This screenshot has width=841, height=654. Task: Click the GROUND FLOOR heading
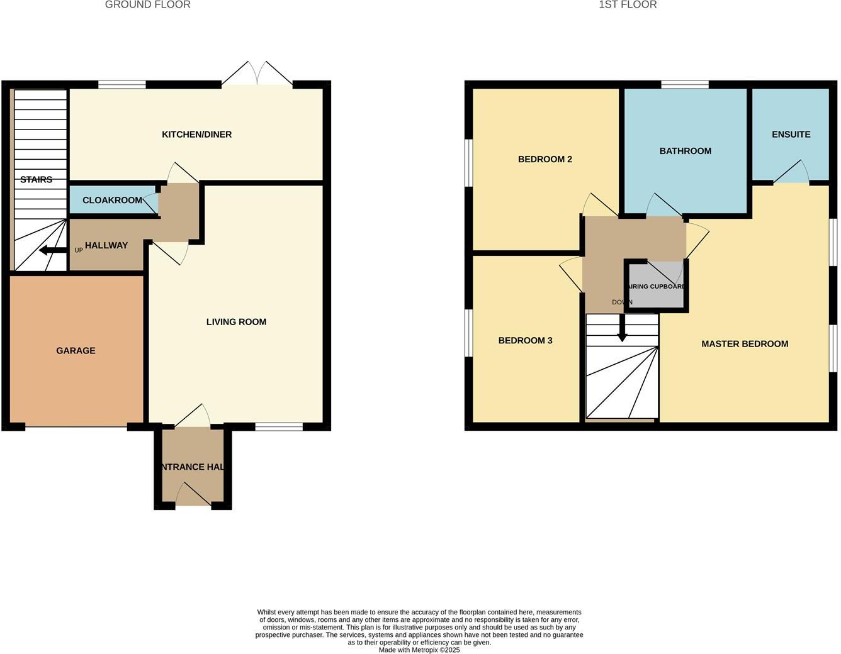147,5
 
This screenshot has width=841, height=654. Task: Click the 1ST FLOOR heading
627,5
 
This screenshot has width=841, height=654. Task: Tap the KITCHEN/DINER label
196,135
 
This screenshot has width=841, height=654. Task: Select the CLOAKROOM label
112,201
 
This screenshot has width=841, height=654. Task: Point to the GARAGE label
76,351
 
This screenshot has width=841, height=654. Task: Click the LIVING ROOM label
236,322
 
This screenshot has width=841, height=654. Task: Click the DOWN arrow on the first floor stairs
622,328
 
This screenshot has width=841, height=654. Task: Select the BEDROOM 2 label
545,160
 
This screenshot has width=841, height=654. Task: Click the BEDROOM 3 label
525,341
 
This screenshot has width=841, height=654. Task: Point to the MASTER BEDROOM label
745,344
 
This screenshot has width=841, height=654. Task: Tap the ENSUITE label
791,135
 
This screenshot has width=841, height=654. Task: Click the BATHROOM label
685,151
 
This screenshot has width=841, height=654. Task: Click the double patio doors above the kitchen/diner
257,74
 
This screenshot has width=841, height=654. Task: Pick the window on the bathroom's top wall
684,84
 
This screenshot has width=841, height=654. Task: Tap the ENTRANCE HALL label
192,467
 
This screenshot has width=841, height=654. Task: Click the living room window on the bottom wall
279,428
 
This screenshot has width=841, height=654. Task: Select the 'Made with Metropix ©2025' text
419,650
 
